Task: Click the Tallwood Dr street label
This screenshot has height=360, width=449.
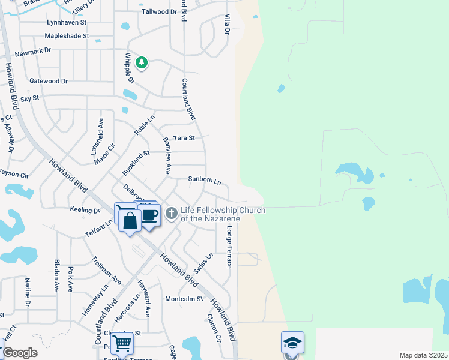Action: (x=160, y=11)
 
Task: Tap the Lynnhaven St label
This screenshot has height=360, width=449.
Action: (x=67, y=22)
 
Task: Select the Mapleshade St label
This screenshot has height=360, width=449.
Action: (x=67, y=36)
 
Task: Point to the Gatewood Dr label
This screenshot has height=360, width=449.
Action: (x=49, y=81)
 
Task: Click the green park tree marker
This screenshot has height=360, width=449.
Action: (x=142, y=62)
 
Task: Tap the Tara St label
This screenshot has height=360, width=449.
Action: (x=184, y=138)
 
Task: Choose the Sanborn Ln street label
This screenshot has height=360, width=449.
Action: (x=205, y=180)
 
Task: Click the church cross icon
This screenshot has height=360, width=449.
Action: (x=172, y=213)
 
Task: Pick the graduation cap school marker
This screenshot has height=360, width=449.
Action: (x=292, y=343)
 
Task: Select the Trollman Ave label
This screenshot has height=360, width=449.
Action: (x=107, y=271)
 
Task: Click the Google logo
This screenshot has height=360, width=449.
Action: (x=20, y=353)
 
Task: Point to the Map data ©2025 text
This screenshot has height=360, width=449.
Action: (x=423, y=355)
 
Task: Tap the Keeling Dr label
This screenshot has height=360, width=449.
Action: (x=84, y=211)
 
